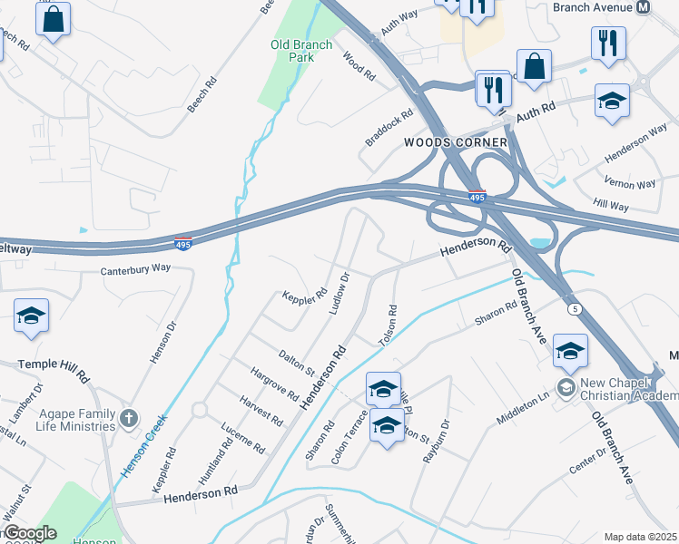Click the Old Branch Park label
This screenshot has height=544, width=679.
point(292,51)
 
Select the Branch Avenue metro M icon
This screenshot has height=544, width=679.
point(644,7)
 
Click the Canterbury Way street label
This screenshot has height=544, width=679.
point(135,268)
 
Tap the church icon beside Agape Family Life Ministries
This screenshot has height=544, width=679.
point(130,418)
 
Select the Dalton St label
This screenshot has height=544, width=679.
point(296,364)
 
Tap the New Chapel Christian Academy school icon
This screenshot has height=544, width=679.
point(566,389)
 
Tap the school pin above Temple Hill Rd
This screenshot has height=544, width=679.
point(31,316)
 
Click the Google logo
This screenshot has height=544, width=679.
point(29,533)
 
